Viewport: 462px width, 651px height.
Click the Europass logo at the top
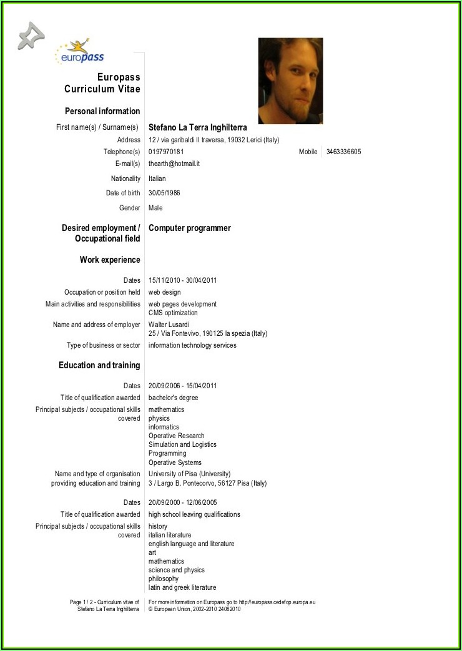click(80, 52)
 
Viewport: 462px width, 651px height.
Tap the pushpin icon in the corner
click(31, 36)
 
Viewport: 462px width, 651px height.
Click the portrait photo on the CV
click(290, 81)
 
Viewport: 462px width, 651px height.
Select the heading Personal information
click(102, 111)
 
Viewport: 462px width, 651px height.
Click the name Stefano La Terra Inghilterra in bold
click(198, 127)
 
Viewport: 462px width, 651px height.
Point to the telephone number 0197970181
click(166, 152)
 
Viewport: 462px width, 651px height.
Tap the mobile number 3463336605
click(343, 152)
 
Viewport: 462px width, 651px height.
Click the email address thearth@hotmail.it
click(174, 164)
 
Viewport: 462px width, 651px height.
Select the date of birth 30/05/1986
click(164, 193)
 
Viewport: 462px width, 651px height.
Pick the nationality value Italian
click(157, 179)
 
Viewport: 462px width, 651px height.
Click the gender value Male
click(155, 208)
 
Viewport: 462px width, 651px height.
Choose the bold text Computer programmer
click(190, 228)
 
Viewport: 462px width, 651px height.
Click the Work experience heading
click(110, 260)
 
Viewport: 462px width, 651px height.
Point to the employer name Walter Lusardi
click(169, 325)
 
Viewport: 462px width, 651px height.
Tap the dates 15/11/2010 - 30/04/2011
click(183, 280)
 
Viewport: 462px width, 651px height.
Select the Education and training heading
click(99, 365)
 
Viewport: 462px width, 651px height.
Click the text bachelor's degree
click(174, 398)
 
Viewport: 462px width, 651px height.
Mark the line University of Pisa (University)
click(190, 474)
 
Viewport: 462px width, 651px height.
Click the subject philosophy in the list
click(164, 579)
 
